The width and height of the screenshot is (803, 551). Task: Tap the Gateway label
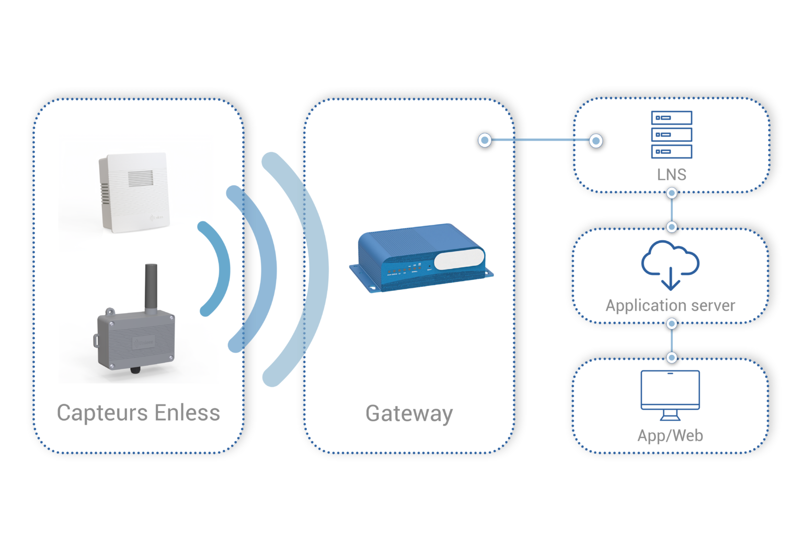pyautogui.click(x=409, y=413)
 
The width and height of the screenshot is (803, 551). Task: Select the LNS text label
pyautogui.click(x=671, y=174)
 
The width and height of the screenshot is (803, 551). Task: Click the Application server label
pyautogui.click(x=670, y=305)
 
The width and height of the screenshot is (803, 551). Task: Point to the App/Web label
pyautogui.click(x=670, y=435)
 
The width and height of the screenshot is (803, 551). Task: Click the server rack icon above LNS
pyautogui.click(x=671, y=134)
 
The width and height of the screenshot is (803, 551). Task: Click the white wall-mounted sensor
pyautogui.click(x=135, y=192)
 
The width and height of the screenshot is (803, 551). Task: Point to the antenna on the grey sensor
pyautogui.click(x=151, y=288)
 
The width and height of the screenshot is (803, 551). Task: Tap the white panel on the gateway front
pyautogui.click(x=459, y=259)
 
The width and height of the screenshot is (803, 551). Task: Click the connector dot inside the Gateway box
pyautogui.click(x=485, y=140)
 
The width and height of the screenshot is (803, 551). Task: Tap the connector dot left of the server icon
pyautogui.click(x=595, y=140)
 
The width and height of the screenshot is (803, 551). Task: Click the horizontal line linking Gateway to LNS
pyautogui.click(x=541, y=140)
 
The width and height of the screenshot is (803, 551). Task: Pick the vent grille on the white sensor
pyautogui.click(x=141, y=178)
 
